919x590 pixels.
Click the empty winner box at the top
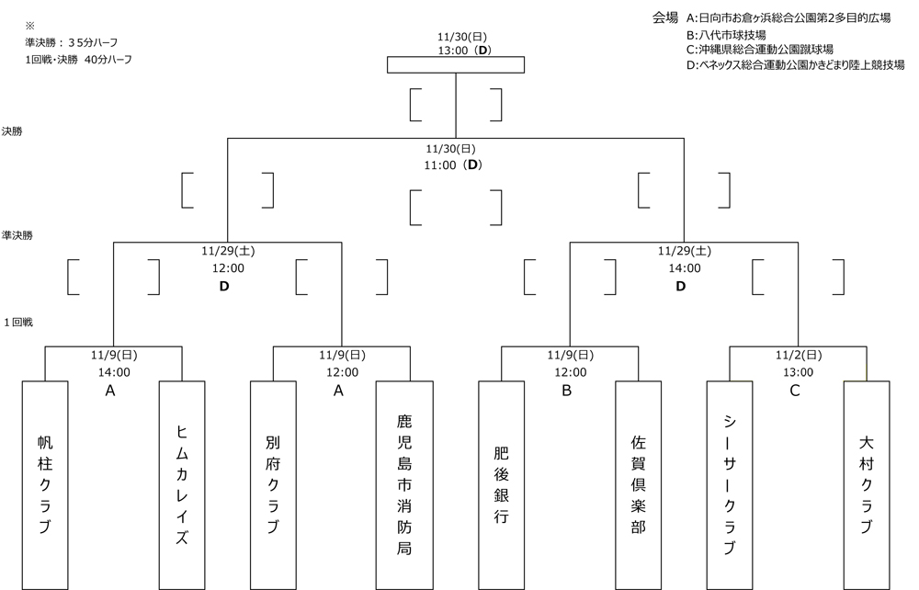pos(456,64)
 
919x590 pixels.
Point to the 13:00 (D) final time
pos(456,49)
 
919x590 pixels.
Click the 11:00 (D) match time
pos(456,165)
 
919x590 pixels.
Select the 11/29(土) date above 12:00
pos(227,250)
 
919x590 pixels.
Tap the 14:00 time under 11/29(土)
pos(684,268)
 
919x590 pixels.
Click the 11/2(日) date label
pos(799,355)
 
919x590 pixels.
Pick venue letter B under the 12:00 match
pos(569,391)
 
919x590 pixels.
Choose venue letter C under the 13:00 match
pos(796,391)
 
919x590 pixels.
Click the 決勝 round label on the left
pos(13,131)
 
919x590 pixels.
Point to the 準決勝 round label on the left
pos(17,236)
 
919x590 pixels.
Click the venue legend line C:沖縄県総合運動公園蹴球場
pos(766,50)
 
